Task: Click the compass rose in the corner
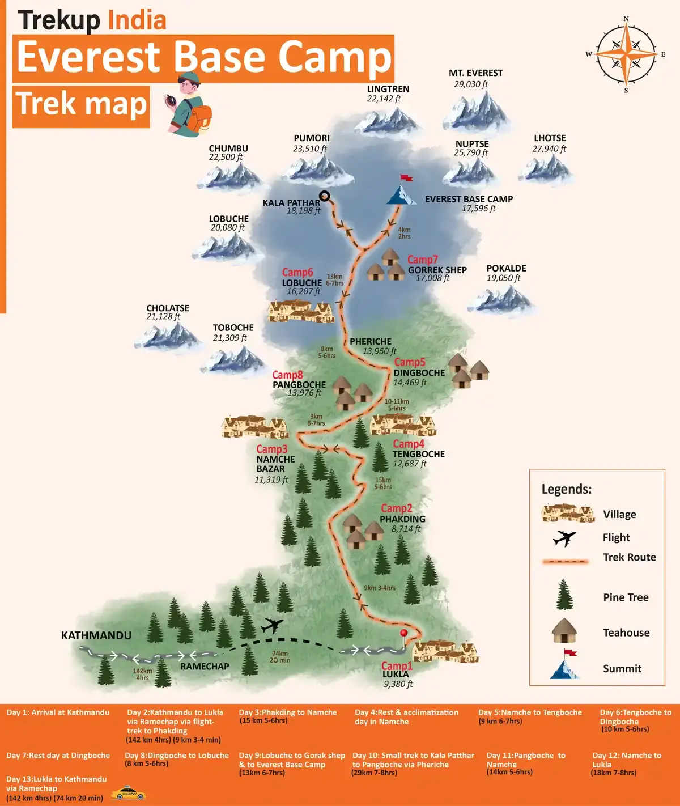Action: [x=626, y=54]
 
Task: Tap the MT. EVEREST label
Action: [x=475, y=73]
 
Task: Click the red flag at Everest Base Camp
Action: [x=406, y=178]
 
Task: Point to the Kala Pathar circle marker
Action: [x=325, y=196]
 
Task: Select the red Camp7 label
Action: [x=422, y=260]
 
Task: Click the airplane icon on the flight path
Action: [x=272, y=626]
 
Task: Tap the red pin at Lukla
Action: [x=403, y=634]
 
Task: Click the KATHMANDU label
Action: [x=96, y=635]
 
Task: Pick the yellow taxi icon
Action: [x=128, y=794]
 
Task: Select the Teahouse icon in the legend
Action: [x=564, y=631]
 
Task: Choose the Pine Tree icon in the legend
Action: [x=564, y=595]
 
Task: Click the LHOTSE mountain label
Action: [x=550, y=138]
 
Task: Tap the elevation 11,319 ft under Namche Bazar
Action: [x=271, y=480]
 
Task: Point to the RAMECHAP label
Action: [x=205, y=667]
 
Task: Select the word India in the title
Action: [x=137, y=20]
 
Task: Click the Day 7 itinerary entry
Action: [x=58, y=756]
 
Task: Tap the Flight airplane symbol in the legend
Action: [x=564, y=537]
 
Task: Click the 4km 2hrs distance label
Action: [x=404, y=233]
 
